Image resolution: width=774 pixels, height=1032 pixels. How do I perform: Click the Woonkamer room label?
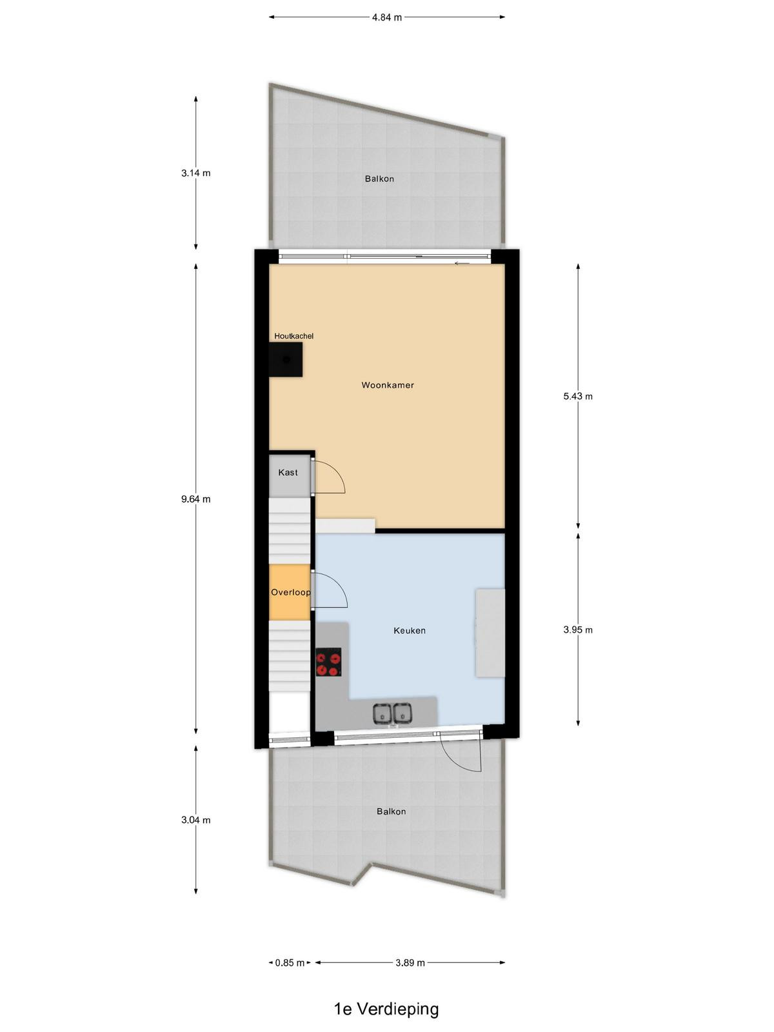387,385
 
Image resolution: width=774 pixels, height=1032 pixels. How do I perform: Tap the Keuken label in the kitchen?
410,630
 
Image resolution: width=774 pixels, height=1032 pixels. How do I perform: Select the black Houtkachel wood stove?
286,359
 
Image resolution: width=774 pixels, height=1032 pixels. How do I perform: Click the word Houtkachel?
293,336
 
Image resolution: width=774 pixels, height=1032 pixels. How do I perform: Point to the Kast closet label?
288,473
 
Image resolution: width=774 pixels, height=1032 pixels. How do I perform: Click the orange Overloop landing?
290,592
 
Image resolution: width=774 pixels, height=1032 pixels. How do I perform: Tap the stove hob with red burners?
328,662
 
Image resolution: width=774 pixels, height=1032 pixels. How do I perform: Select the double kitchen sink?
393,713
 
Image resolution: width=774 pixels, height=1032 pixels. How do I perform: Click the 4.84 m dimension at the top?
387,18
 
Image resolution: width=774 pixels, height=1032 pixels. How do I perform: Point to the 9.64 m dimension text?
196,499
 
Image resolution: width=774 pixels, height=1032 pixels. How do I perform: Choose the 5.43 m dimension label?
578,396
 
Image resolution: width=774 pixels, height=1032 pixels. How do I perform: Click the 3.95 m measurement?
578,630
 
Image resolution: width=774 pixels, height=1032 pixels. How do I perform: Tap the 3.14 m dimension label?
196,173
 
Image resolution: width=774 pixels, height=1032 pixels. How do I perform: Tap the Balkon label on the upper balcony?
379,179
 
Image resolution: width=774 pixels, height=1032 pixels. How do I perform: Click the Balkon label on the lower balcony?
391,811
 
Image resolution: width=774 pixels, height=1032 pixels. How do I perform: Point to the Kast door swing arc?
339,473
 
